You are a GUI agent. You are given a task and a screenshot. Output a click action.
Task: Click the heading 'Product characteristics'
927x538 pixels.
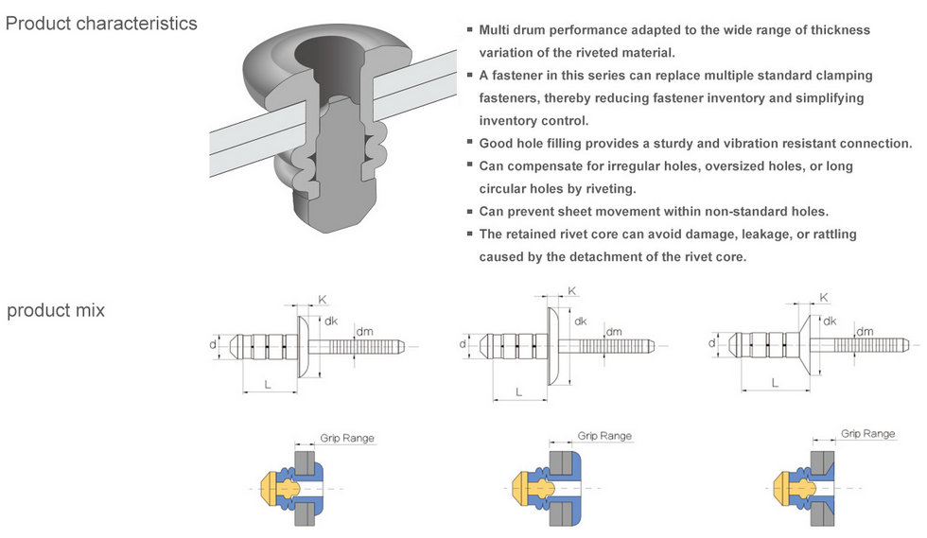click(x=101, y=23)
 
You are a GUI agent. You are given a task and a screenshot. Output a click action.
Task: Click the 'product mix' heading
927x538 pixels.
click(x=56, y=310)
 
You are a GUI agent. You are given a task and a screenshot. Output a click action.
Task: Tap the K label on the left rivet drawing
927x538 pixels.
click(x=323, y=300)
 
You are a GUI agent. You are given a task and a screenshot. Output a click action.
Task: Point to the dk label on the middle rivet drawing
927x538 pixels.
click(x=579, y=321)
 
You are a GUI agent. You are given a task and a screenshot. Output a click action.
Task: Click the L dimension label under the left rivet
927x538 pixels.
click(x=269, y=385)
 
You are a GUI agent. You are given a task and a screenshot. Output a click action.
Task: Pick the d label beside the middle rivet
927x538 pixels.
click(x=463, y=344)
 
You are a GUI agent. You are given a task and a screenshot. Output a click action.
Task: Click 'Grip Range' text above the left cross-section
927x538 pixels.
click(x=345, y=438)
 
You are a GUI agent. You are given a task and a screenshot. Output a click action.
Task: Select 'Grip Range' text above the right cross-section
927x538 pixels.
click(x=867, y=433)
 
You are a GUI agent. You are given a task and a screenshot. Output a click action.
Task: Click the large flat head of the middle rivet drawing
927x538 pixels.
click(x=552, y=345)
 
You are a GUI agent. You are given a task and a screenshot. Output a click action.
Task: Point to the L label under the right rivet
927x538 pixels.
click(x=775, y=383)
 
